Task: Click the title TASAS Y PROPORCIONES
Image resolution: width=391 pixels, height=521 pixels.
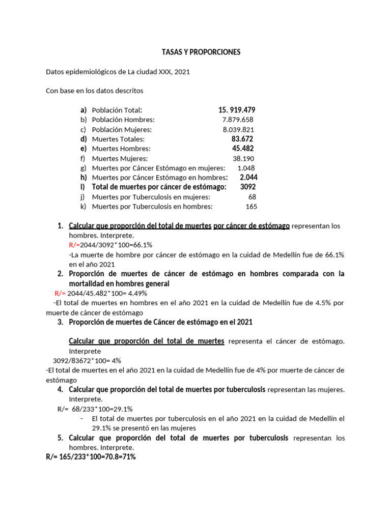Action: coord(201,52)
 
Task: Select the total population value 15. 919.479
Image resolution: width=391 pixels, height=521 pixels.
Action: coord(237,110)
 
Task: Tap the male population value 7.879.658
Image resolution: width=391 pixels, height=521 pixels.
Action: coord(238,120)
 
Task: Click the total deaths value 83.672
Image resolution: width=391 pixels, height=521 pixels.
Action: coord(242,139)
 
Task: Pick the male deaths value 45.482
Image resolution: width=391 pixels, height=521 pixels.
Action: coord(242,149)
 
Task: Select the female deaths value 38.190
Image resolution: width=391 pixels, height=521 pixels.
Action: coord(243,158)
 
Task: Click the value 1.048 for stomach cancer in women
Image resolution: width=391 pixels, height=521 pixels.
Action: coord(246,168)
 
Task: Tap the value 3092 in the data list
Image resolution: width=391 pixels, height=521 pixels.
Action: coord(248,187)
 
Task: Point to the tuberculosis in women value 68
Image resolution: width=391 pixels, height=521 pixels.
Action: coord(252,197)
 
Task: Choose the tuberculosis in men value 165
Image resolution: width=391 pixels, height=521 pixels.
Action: coord(251,207)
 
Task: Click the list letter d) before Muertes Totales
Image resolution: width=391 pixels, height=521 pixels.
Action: coord(83,139)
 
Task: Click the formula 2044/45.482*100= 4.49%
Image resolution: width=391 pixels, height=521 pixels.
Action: coord(108,293)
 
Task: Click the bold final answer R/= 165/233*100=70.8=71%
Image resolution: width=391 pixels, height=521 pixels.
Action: coord(91,457)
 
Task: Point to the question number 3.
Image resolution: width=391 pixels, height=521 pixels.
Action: coord(60,322)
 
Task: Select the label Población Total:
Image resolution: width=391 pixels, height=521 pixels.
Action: coord(117,110)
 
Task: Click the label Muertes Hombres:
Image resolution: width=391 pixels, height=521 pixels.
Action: coord(121,149)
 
